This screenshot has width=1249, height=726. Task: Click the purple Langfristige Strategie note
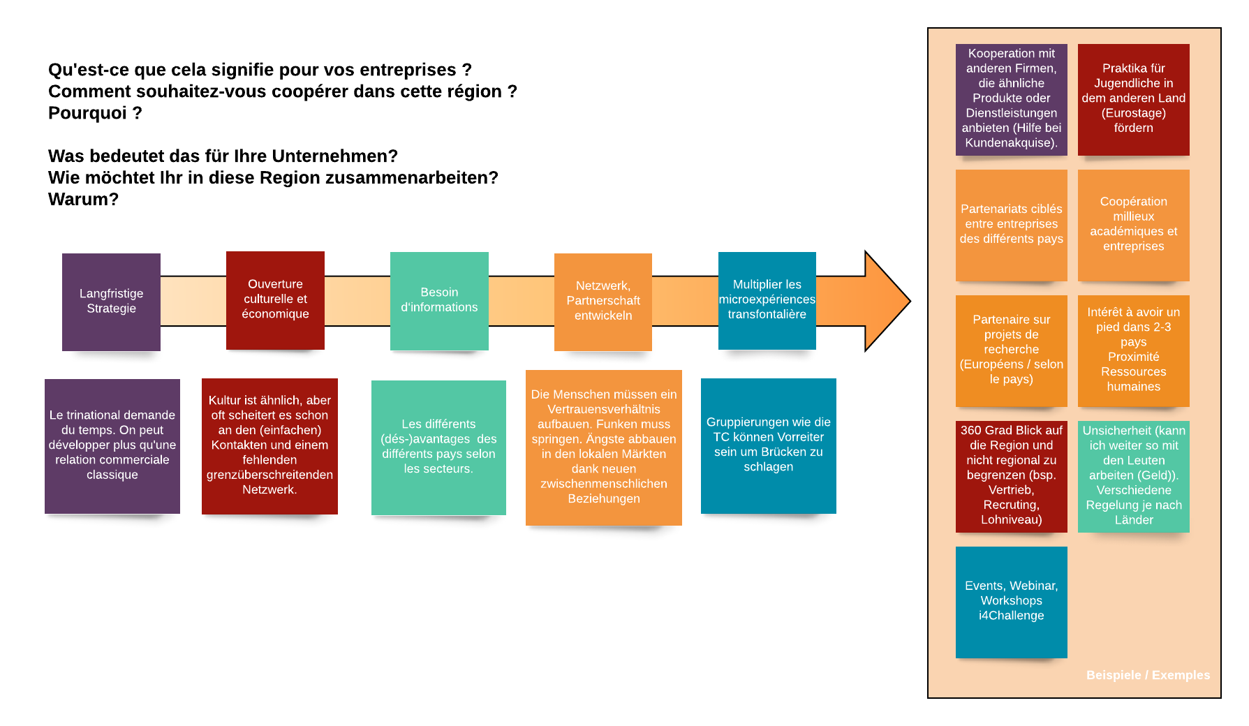tap(111, 302)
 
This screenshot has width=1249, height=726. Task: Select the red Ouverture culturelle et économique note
tap(275, 300)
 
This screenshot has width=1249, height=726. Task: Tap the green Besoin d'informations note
tap(439, 301)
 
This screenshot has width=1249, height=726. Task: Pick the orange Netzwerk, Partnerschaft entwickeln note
tap(603, 302)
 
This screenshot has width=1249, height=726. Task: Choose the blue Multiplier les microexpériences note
tap(767, 300)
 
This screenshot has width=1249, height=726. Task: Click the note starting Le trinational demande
tap(112, 445)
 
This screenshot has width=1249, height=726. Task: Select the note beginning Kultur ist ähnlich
tap(269, 445)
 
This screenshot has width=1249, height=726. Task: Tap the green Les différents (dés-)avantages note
tap(438, 447)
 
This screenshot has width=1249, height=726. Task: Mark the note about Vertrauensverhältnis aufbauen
tap(604, 447)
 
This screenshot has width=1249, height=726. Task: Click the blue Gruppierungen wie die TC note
tap(768, 445)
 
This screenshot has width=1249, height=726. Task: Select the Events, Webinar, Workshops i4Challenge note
tap(1011, 601)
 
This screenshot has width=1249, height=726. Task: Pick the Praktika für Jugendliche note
tap(1133, 99)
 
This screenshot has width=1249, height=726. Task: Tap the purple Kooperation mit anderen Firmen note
tap(1011, 99)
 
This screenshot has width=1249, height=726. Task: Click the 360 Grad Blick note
tap(1011, 476)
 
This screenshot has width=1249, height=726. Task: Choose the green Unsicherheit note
tap(1133, 476)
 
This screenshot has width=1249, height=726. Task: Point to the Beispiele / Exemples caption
tap(1148, 675)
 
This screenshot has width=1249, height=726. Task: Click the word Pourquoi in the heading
tap(88, 113)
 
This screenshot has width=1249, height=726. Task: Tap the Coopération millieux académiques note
tap(1133, 225)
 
